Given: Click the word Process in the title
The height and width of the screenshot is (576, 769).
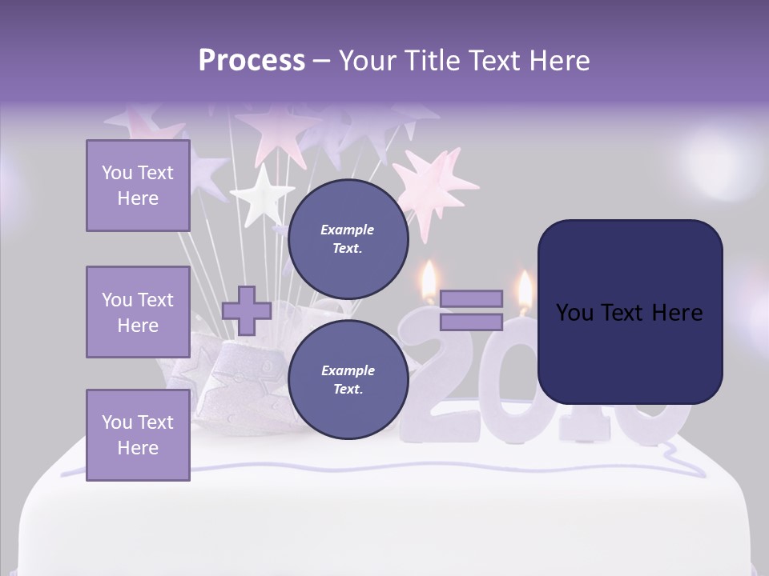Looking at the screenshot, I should pos(252,61).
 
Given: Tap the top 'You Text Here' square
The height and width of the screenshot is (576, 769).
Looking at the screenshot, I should pos(138,186).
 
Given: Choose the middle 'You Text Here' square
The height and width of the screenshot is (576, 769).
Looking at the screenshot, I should pos(138,312).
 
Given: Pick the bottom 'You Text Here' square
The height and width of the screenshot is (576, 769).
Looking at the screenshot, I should pos(138,434).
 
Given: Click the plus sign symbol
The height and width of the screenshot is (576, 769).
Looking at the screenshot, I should pos(247,311).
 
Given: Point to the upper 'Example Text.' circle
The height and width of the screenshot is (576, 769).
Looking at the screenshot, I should pos(348,239).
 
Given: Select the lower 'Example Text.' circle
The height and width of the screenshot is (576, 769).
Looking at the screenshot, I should pos(348,380).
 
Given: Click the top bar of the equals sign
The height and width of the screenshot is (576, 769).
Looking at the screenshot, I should pos(471,299).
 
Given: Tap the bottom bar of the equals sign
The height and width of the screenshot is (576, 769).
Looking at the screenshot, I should pos(471,322).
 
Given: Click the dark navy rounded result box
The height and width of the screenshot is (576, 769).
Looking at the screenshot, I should pos(630,312).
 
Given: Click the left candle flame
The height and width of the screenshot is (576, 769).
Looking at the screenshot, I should pos(429,279).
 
